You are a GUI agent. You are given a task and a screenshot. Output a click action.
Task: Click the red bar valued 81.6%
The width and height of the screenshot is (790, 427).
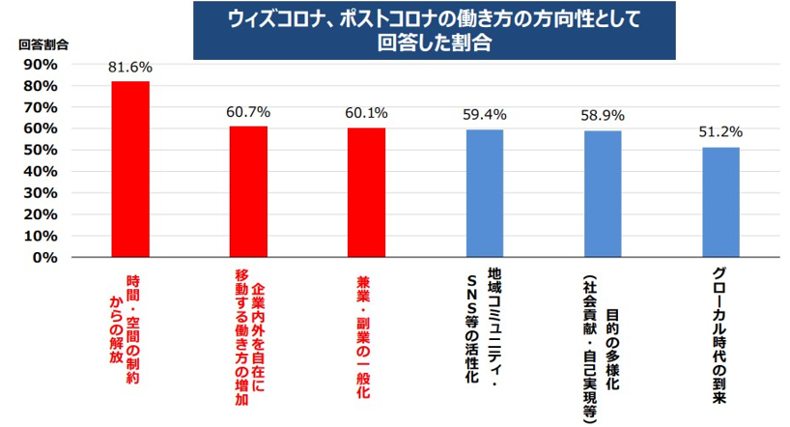click(x=130, y=169)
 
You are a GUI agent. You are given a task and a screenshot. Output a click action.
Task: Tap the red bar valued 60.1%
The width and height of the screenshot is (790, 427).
click(x=366, y=192)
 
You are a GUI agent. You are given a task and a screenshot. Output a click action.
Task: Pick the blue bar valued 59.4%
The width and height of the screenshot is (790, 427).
click(x=485, y=193)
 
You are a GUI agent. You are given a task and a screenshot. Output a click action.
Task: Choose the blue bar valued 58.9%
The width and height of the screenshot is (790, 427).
click(x=603, y=193)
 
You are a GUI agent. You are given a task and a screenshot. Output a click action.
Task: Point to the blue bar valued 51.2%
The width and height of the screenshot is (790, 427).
click(x=720, y=202)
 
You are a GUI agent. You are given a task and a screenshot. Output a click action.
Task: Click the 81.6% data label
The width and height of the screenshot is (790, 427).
click(x=130, y=68)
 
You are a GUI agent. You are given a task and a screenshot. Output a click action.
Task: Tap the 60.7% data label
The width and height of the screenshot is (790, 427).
click(x=248, y=112)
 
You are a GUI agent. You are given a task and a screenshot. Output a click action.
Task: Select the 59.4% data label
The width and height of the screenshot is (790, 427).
click(x=485, y=115)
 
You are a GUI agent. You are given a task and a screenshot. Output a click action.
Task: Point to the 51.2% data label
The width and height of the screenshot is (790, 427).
click(x=720, y=132)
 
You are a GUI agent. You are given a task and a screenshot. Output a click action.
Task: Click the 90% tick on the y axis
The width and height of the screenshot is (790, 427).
click(x=41, y=65)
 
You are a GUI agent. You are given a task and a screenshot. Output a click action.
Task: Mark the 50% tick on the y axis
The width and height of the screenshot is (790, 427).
click(x=41, y=150)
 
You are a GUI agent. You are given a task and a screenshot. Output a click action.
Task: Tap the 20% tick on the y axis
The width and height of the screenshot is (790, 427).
click(x=41, y=214)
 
